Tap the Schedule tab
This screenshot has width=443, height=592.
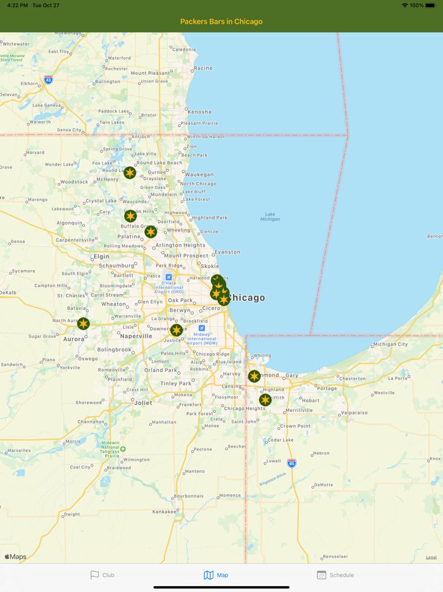(335, 575)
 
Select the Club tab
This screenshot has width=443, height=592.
(102, 575)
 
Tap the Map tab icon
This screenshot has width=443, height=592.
(208, 575)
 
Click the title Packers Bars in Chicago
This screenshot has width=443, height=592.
(221, 22)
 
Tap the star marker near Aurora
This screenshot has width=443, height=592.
(83, 324)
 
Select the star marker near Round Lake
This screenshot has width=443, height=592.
(130, 172)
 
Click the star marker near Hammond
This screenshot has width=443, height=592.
(254, 376)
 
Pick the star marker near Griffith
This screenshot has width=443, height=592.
(265, 400)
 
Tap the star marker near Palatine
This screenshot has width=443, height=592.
(151, 232)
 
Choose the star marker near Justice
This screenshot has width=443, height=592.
(177, 330)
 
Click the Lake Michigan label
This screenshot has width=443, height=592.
(270, 217)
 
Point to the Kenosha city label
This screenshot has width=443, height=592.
(199, 112)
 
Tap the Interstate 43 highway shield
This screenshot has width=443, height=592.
(49, 80)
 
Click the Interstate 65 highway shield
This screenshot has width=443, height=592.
(291, 463)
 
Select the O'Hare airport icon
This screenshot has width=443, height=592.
(168, 277)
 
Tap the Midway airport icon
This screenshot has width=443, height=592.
(202, 328)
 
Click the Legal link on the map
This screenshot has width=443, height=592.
(431, 557)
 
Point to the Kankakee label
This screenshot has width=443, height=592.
(165, 512)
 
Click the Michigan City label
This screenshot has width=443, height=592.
(390, 344)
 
